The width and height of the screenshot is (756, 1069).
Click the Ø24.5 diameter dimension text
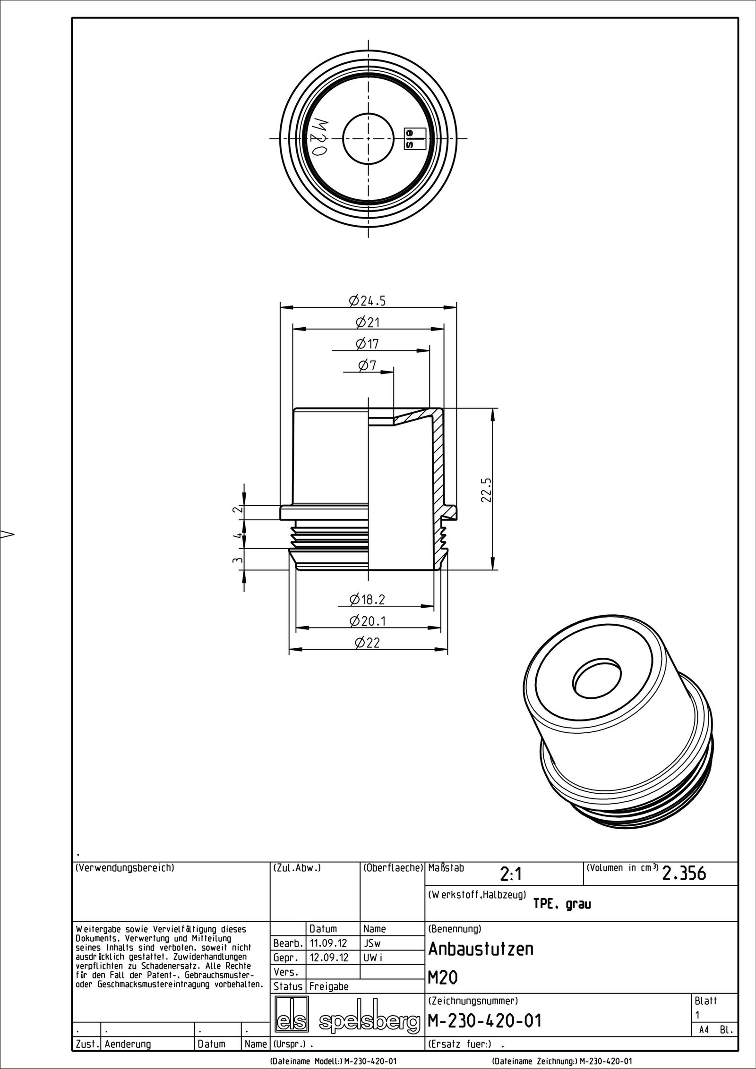pyautogui.click(x=367, y=300)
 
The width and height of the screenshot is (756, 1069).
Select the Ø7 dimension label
pyautogui.click(x=367, y=365)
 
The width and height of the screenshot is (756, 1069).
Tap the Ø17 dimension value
pyautogui.click(x=367, y=344)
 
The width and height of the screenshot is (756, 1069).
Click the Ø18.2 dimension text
pyautogui.click(x=367, y=599)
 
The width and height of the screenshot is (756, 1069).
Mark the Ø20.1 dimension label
pyautogui.click(x=368, y=621)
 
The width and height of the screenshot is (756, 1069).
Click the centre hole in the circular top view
pyautogui.click(x=368, y=139)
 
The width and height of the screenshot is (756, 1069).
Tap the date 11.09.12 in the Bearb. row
pyautogui.click(x=328, y=944)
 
